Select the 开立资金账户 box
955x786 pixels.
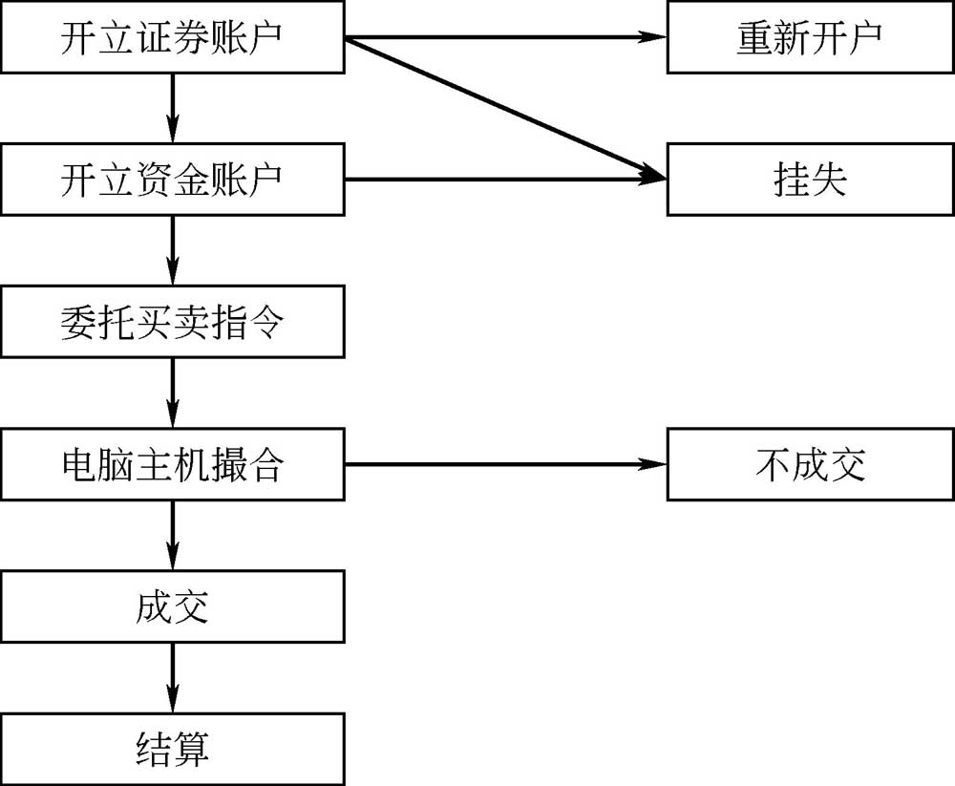point(172,180)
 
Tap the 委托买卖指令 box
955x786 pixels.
point(172,322)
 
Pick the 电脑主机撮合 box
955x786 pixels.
point(172,465)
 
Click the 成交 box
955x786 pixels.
point(172,607)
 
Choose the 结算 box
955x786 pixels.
point(172,750)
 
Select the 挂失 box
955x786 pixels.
point(810,180)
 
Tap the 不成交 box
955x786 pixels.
point(810,465)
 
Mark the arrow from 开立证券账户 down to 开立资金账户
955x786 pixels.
point(173,108)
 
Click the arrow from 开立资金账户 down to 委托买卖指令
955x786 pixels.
point(173,250)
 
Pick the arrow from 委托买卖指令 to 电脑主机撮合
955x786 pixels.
point(173,393)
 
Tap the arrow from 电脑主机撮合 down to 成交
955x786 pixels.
point(173,536)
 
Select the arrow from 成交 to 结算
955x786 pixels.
point(173,678)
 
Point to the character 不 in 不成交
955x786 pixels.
point(773,465)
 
